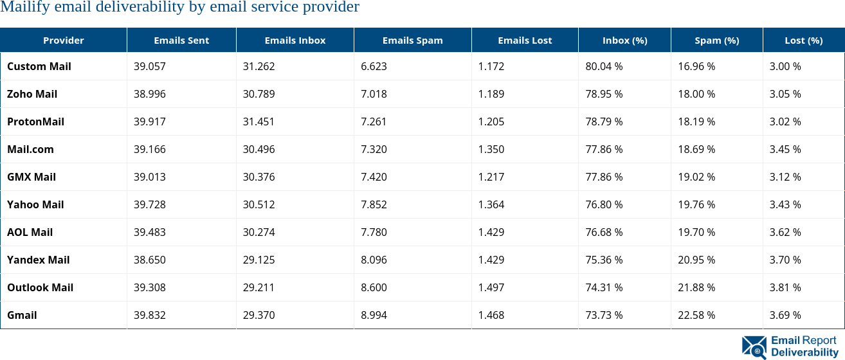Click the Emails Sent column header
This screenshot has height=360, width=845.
pyautogui.click(x=181, y=40)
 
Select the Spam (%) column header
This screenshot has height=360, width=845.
pyautogui.click(x=716, y=40)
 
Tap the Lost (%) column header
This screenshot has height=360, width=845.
pyautogui.click(x=803, y=40)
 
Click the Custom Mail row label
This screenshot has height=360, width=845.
pyautogui.click(x=39, y=67)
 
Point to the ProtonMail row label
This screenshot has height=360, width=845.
pyautogui.click(x=36, y=122)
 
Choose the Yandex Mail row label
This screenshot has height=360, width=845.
pyautogui.click(x=39, y=260)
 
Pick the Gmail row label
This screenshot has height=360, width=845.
pyautogui.click(x=22, y=316)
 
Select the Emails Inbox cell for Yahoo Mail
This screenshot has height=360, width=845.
pyautogui.click(x=259, y=205)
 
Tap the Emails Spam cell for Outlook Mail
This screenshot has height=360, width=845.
pyautogui.click(x=374, y=288)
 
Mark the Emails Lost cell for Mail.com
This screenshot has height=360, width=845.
pyautogui.click(x=491, y=150)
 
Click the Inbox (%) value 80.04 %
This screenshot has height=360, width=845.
pyautogui.click(x=604, y=67)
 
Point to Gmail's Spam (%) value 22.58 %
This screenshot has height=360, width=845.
pyautogui.click(x=696, y=316)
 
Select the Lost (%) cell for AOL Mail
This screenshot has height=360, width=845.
pyautogui.click(x=785, y=233)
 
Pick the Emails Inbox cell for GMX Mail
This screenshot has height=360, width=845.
pyautogui.click(x=259, y=177)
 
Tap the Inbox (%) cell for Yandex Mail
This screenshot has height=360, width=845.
pyautogui.click(x=604, y=260)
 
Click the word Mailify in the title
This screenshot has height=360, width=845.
pyautogui.click(x=23, y=8)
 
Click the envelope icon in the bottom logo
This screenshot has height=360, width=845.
pyautogui.click(x=754, y=346)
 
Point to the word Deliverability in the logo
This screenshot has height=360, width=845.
pyautogui.click(x=804, y=352)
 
